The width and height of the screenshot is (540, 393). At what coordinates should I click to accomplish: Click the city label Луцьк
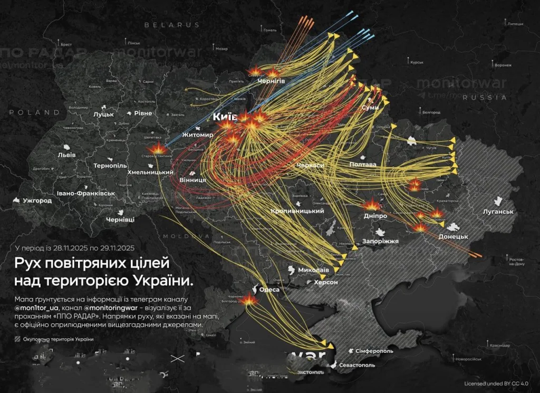pyautogui.click(x=104, y=114)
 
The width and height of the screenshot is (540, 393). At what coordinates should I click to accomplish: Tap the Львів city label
pyautogui.click(x=66, y=155)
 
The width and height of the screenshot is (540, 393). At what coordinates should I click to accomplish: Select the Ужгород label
pyautogui.click(x=37, y=201)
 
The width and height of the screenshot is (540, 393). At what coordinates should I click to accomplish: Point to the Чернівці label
pyautogui.click(x=120, y=219)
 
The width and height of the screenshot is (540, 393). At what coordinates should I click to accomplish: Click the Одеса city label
pyautogui.click(x=269, y=290)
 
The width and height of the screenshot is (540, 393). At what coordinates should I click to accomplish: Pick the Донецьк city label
pyautogui.click(x=454, y=237)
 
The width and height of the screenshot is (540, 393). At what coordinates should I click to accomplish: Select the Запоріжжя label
pyautogui.click(x=380, y=241)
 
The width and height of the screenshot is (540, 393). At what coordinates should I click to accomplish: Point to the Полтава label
pyautogui.click(x=363, y=165)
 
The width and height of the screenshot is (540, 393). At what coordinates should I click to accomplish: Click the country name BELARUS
pyautogui.click(x=172, y=25)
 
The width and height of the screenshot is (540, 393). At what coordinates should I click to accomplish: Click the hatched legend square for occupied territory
pyautogui.click(x=18, y=339)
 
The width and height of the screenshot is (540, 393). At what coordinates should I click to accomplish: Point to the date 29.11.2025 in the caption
pyautogui.click(x=114, y=248)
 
